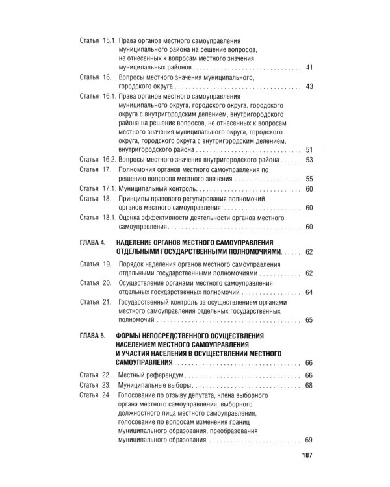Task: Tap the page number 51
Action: pyautogui.click(x=309, y=149)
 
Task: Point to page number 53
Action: pyautogui.click(x=309, y=160)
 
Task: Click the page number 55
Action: pyautogui.click(x=309, y=179)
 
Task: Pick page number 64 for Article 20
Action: pyautogui.click(x=309, y=292)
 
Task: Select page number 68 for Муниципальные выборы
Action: pyautogui.click(x=309, y=385)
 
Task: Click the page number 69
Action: pyautogui.click(x=309, y=440)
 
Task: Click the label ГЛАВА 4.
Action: pyautogui.click(x=91, y=241)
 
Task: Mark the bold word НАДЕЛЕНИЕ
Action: pyautogui.click(x=142, y=241)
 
